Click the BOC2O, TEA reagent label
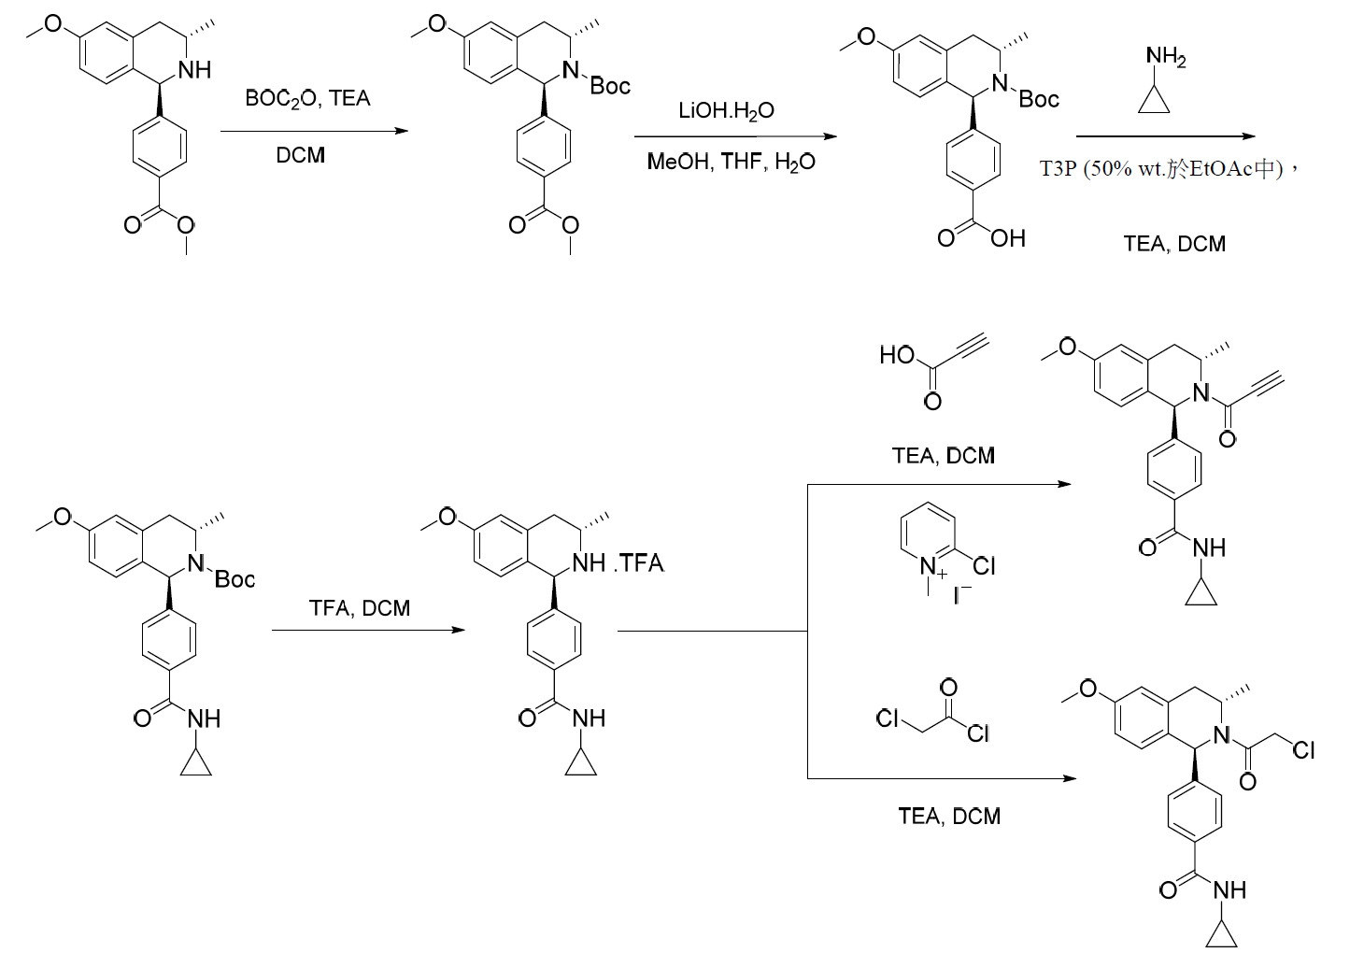tap(307, 99)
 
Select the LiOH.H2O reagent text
tap(727, 111)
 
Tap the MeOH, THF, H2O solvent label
tap(731, 162)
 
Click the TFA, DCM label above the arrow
tap(360, 607)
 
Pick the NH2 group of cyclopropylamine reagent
tap(1166, 58)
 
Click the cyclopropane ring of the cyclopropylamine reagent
tap(1154, 101)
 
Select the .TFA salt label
tap(639, 563)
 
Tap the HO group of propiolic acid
tap(897, 355)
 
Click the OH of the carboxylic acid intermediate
tap(1008, 238)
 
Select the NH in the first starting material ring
tap(194, 70)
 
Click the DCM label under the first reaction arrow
tap(300, 155)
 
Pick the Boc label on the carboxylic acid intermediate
tap(1039, 99)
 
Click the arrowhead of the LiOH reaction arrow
tap(831, 136)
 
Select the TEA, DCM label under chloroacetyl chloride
tap(949, 816)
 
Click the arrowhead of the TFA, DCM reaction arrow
tap(459, 631)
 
